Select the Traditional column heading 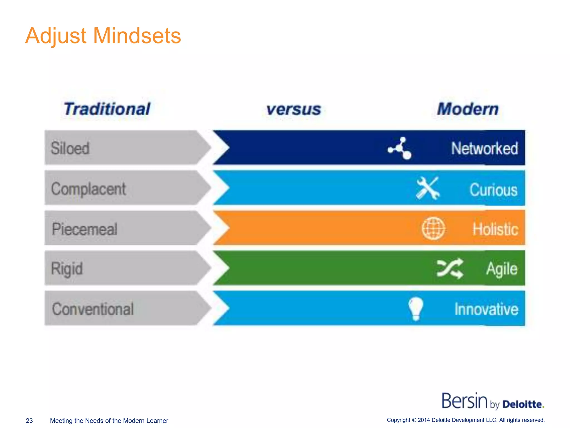107,109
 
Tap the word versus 294,109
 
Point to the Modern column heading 468,109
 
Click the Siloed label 70,148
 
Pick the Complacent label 89,189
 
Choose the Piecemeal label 85,229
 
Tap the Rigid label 67,269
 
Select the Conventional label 93,309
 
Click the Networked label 485,148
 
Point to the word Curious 493,190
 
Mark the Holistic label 495,229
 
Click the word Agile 502,269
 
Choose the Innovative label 487,309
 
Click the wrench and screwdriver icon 428,188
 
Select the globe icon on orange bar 433,228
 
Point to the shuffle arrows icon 450,269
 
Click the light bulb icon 416,308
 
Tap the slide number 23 29,420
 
